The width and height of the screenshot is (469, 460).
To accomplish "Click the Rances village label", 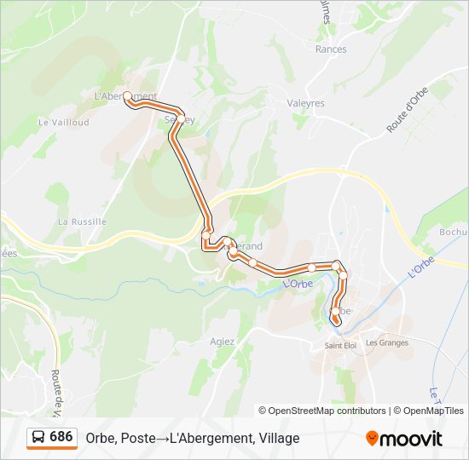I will coord(331,49).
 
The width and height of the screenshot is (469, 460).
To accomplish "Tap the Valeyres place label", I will coord(306,103).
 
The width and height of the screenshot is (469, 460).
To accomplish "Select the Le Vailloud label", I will coord(64,123).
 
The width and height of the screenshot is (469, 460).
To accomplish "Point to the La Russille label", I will coord(82,221).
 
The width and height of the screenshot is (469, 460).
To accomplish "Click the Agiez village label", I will coord(222,341).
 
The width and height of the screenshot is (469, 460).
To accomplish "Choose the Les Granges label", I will coord(387,343).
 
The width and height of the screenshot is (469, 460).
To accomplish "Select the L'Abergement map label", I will coord(125,96).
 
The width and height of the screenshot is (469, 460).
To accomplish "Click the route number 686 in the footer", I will coord(61,437).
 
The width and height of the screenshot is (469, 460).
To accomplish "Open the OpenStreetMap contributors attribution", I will coord(327,411).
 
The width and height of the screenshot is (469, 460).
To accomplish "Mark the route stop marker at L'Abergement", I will coord(127,96).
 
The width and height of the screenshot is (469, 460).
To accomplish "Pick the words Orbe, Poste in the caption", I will coord(120,438).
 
